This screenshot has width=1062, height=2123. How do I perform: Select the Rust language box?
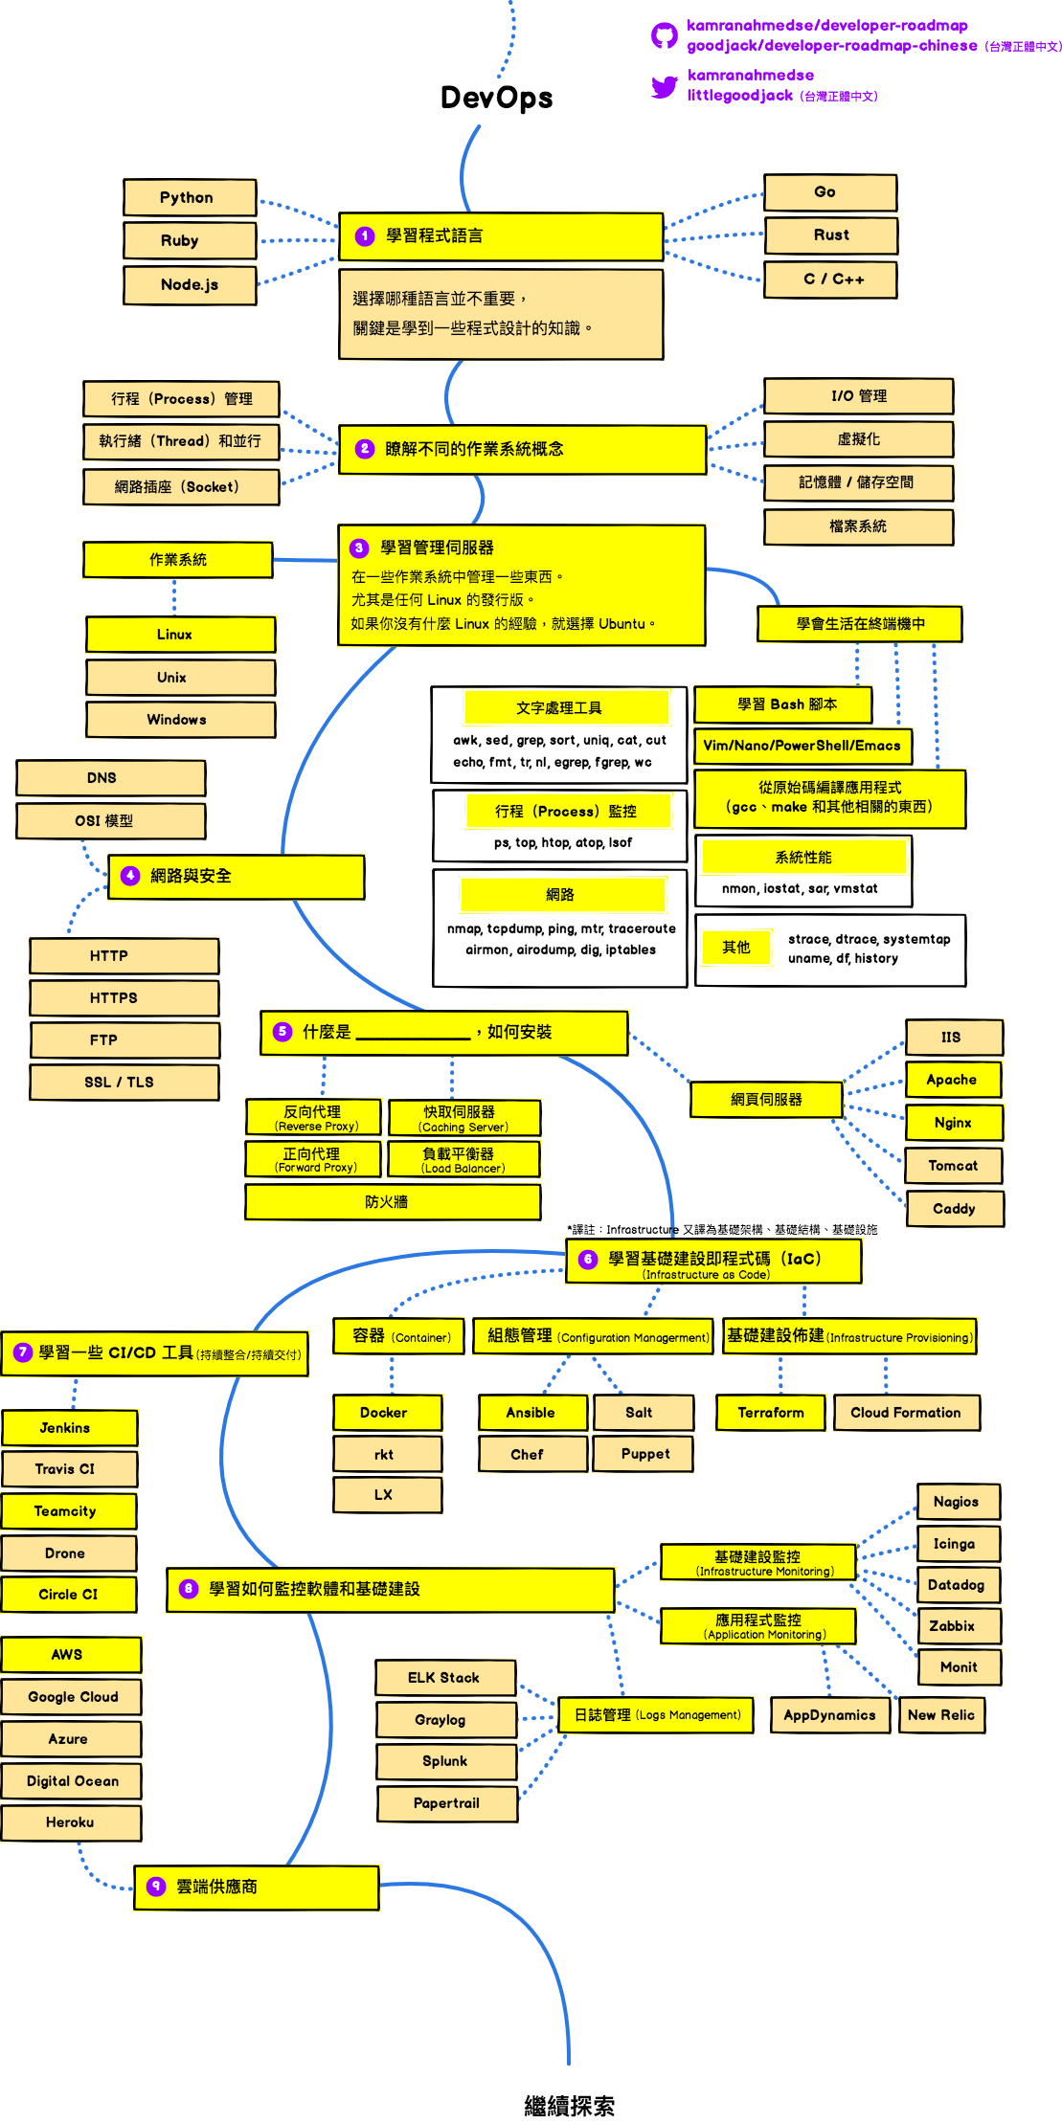pyautogui.click(x=830, y=235)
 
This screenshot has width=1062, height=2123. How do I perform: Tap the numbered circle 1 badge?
pyautogui.click(x=365, y=236)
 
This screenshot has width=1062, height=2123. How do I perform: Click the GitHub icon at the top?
pyautogui.click(x=664, y=36)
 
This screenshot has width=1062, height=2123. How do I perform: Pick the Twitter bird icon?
pyautogui.click(x=664, y=87)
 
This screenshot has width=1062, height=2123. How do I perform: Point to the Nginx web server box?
pyautogui.click(x=953, y=1123)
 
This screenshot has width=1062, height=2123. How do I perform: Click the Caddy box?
pyautogui.click(x=954, y=1209)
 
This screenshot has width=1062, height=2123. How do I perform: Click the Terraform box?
pyautogui.click(x=770, y=1413)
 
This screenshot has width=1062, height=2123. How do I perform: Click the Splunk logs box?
pyautogui.click(x=446, y=1761)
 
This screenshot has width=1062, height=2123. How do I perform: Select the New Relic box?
pyautogui.click(x=940, y=1715)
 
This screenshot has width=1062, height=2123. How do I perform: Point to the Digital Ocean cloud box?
pyautogui.click(x=72, y=1781)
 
